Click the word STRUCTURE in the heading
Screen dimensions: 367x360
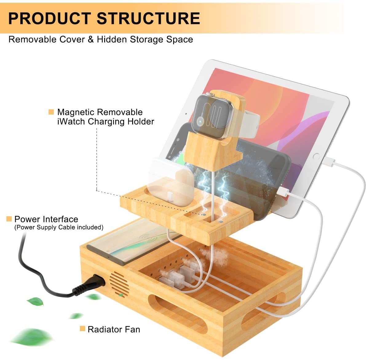[148, 18]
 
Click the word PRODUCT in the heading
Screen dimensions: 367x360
[49, 18]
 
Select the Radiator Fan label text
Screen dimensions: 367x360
[114, 329]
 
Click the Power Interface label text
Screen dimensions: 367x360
[46, 219]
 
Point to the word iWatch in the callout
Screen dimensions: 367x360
[71, 122]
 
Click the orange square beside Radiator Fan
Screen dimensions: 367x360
[82, 329]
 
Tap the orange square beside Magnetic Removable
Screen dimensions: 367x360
[51, 112]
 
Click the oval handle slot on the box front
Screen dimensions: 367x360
[178, 313]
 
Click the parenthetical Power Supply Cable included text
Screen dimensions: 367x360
[59, 227]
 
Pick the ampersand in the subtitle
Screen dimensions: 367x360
[91, 39]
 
